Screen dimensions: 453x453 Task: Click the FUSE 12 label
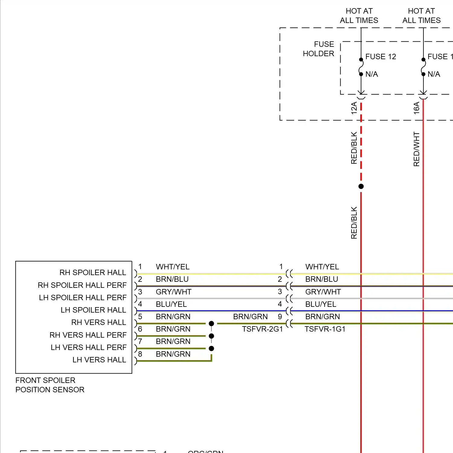point(381,57)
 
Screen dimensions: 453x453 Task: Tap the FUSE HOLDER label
point(319,49)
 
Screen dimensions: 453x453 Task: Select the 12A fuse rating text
point(354,108)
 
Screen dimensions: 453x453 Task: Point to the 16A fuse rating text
point(416,108)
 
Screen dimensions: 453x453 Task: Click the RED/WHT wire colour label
point(416,149)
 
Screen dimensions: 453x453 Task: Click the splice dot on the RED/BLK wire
point(361,186)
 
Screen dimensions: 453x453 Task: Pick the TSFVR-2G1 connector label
point(262,329)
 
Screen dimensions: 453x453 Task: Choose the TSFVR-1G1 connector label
point(325,329)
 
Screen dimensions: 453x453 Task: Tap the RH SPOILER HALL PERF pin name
point(82,285)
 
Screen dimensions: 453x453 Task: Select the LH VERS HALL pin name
point(99,360)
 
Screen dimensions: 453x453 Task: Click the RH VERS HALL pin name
point(98,323)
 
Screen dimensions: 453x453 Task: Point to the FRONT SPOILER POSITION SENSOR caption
point(50,385)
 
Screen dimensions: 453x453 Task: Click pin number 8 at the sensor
point(140,354)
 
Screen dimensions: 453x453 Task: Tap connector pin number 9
point(280,317)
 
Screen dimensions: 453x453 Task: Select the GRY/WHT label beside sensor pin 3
point(174,292)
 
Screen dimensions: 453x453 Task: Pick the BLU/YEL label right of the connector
point(321,304)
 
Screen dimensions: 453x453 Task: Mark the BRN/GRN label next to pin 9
point(250,317)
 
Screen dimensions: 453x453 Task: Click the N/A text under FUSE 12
point(371,74)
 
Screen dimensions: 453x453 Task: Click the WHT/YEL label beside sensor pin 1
point(173,267)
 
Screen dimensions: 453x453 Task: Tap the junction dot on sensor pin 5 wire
point(211,324)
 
